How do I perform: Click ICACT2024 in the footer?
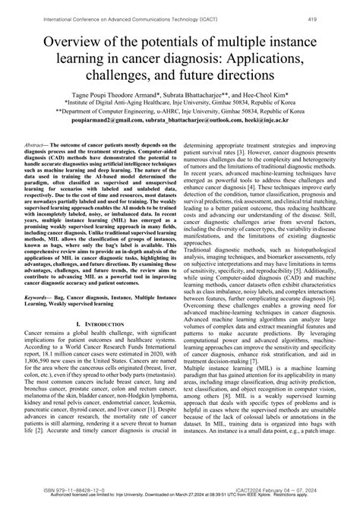pos(244,493)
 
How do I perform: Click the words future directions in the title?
pos(227,77)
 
